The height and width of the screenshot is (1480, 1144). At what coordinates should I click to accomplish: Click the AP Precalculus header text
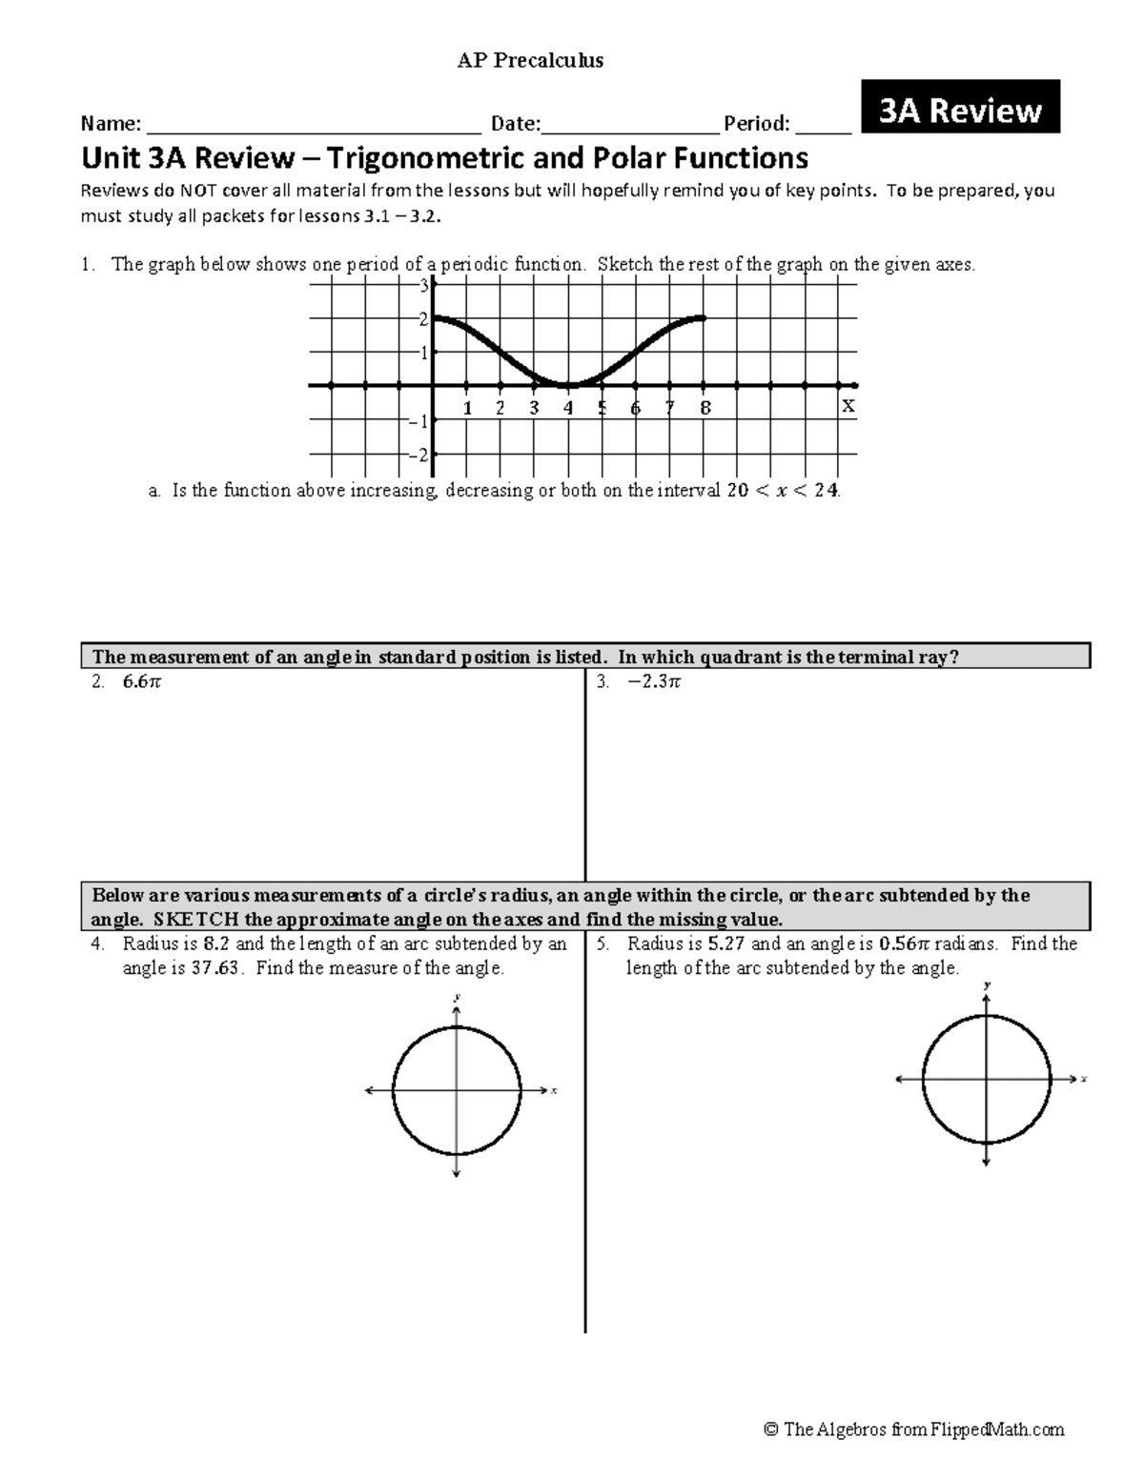point(530,61)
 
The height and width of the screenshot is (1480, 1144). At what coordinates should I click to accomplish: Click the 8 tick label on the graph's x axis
point(705,408)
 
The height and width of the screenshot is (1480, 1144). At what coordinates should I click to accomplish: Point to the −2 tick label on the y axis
point(417,456)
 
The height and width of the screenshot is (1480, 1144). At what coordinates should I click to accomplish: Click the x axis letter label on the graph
point(847,407)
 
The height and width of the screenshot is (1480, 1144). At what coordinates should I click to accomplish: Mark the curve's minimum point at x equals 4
point(568,385)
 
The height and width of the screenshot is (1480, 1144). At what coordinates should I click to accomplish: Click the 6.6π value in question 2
point(142,682)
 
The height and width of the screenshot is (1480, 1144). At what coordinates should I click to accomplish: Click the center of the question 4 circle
point(457,1089)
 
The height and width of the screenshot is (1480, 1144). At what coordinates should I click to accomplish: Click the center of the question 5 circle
point(987,1079)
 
